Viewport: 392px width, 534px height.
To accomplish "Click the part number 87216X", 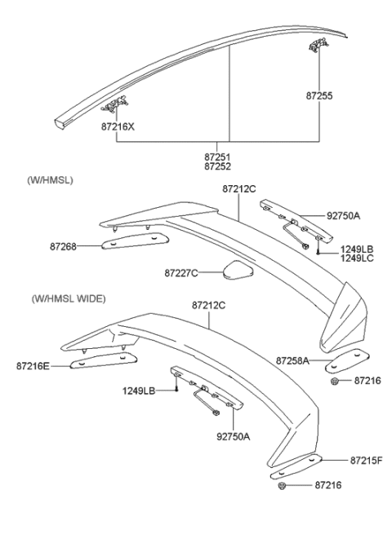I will (118, 127).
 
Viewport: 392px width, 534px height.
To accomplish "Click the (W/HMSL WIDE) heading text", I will (69, 299).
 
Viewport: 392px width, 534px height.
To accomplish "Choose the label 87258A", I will (292, 360).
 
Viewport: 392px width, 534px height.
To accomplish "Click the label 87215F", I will (367, 461).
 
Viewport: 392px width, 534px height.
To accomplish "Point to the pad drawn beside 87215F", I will (296, 469).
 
